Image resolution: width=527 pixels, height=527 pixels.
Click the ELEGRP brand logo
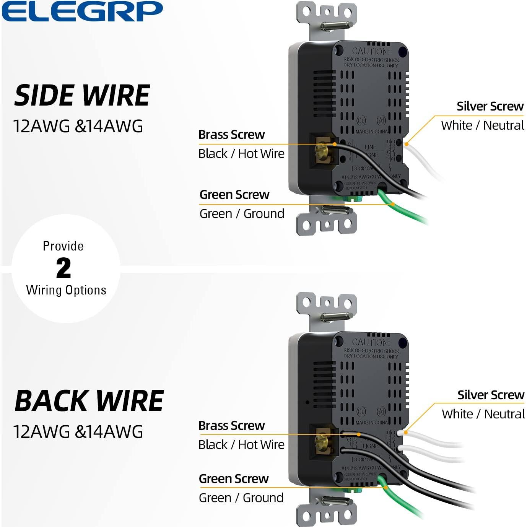(x=82, y=11)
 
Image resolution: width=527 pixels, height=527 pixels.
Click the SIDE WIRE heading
(x=82, y=96)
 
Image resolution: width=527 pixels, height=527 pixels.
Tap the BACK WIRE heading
(x=89, y=401)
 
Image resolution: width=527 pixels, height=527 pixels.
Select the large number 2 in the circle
(x=63, y=268)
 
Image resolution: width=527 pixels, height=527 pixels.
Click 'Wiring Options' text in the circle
(x=66, y=290)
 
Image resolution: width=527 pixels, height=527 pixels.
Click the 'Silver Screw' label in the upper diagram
(x=490, y=106)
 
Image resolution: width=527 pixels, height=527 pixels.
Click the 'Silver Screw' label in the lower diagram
(x=491, y=395)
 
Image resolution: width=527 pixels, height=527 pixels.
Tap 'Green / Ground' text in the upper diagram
(x=242, y=214)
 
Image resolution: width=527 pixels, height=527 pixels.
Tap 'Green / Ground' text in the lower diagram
(x=241, y=498)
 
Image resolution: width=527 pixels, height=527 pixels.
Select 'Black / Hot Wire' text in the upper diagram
(x=241, y=154)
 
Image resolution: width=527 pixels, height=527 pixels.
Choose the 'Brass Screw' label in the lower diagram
(x=231, y=426)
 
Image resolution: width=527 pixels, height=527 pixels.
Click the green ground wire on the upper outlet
(x=405, y=212)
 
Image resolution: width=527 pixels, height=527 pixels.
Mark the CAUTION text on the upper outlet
(x=370, y=51)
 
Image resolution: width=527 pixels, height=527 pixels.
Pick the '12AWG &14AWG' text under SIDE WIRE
(x=78, y=126)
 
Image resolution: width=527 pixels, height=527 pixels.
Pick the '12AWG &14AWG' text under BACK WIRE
(x=78, y=432)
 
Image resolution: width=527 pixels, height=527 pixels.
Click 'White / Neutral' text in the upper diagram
(x=483, y=125)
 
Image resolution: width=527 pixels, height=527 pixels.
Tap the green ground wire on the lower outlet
(x=402, y=501)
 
